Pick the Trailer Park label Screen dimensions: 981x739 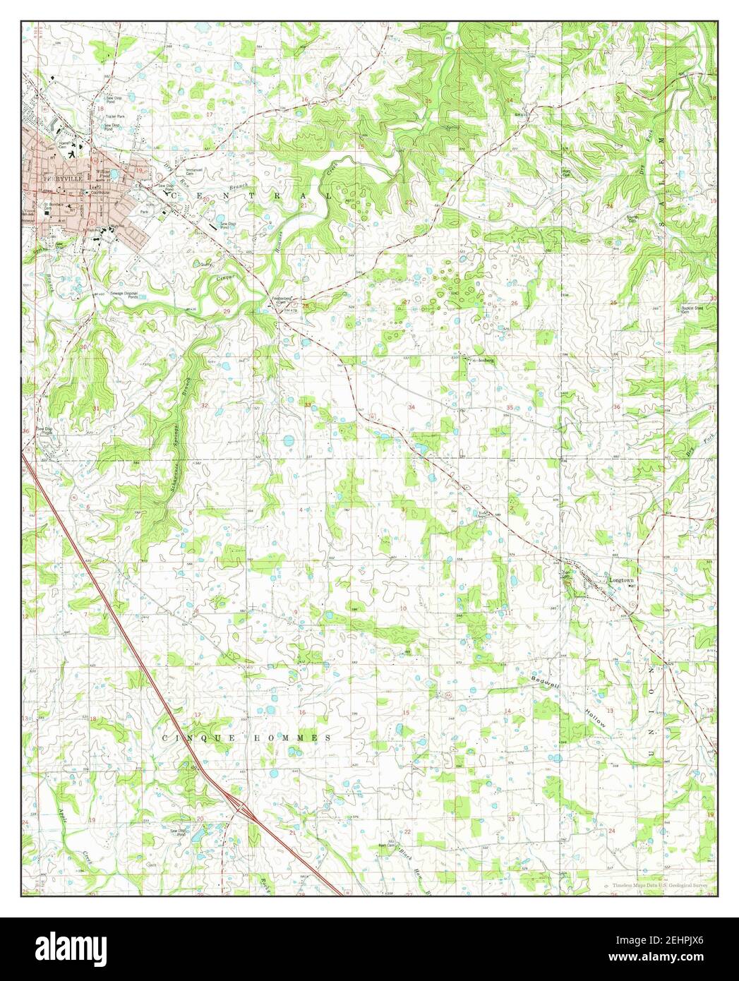[114, 116]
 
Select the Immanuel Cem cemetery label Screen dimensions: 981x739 [174, 171]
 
